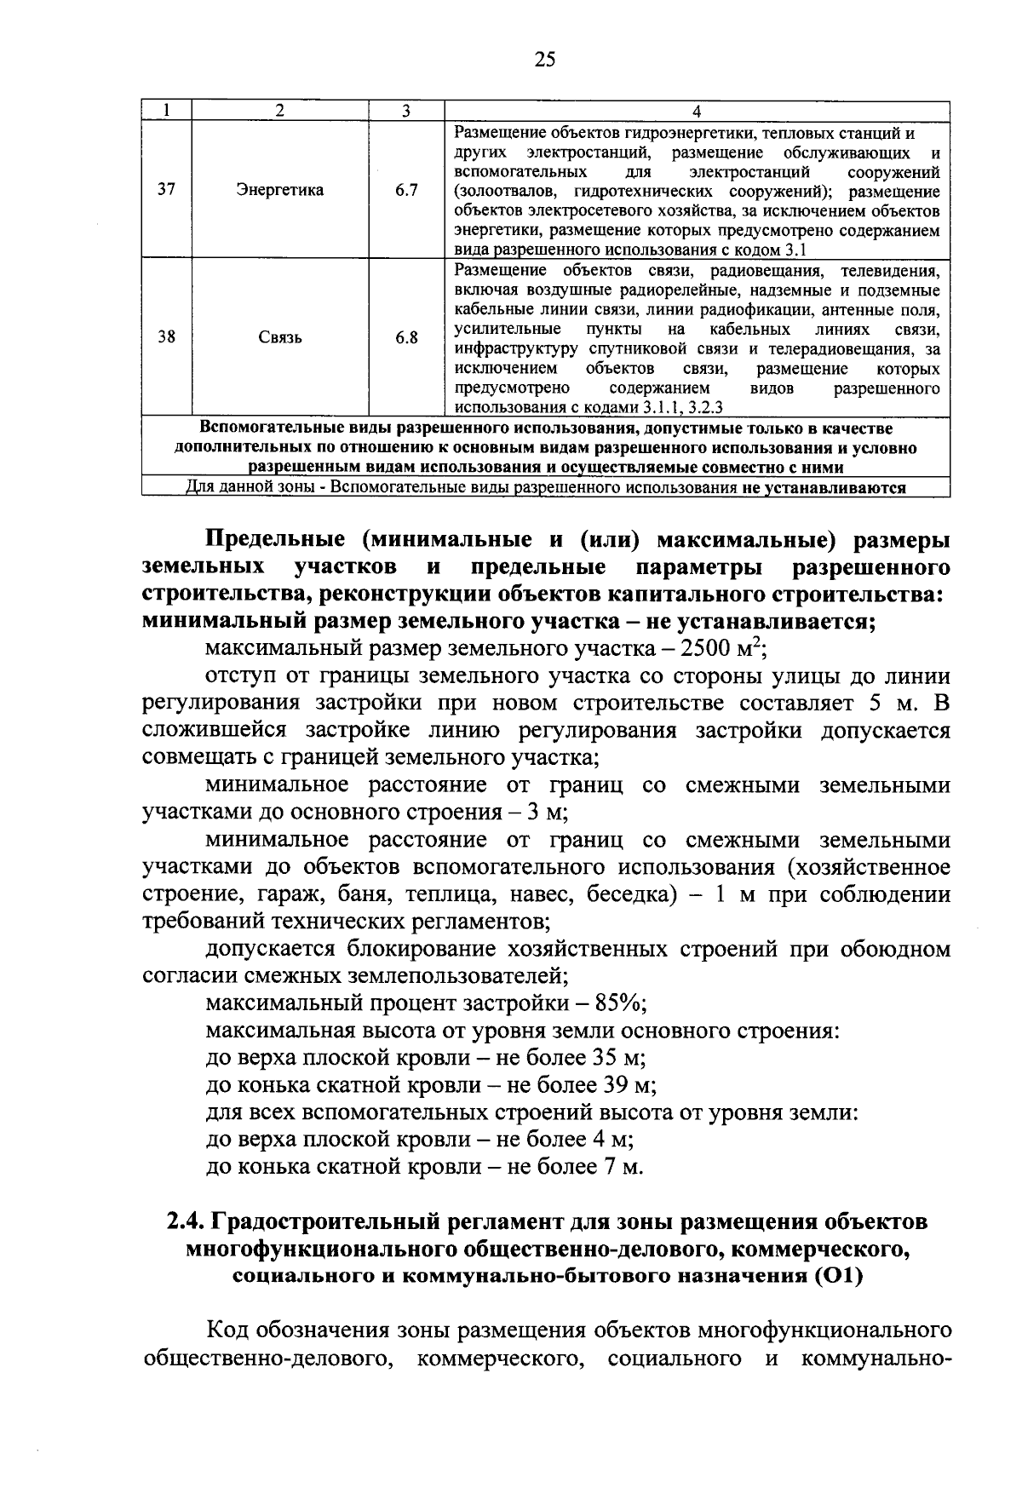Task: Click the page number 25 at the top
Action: click(545, 58)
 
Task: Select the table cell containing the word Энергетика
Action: click(279, 190)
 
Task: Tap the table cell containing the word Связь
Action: click(279, 337)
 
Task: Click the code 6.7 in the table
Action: click(406, 190)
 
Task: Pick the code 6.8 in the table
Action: click(406, 337)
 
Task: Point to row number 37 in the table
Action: click(167, 189)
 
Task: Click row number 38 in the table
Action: click(167, 336)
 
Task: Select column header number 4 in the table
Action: click(697, 112)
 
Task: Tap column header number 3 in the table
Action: click(406, 112)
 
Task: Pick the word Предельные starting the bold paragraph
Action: click(274, 540)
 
